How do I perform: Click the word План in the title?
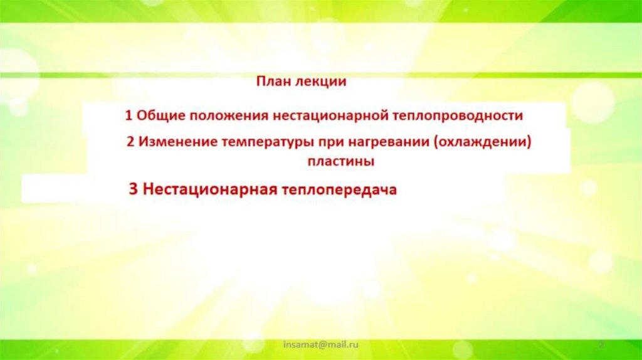(271, 82)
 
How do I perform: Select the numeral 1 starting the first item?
(129, 116)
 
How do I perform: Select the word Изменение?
(177, 142)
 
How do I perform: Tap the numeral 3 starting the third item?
(133, 189)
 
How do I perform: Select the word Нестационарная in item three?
(210, 189)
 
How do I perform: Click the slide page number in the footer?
(600, 345)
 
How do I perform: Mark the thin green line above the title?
(321, 75)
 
